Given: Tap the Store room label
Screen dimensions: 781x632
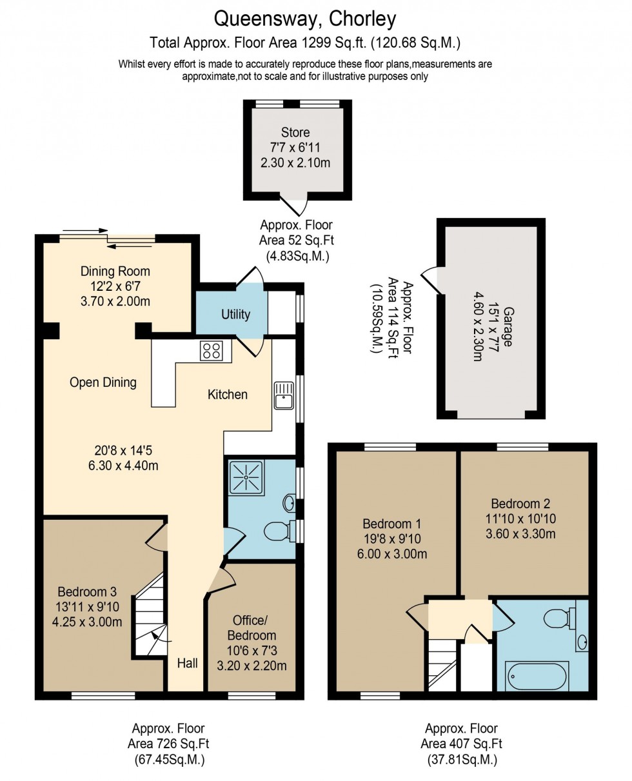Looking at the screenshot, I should coord(295,133).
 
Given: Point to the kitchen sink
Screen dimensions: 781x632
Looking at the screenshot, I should coord(283,395).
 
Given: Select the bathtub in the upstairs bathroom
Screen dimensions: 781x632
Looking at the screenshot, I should coord(537,677).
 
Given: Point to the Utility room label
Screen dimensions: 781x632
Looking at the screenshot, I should coord(235,315).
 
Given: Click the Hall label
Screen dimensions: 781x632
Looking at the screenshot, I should coord(187,662).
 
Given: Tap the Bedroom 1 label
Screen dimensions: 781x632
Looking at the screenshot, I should coord(394,523).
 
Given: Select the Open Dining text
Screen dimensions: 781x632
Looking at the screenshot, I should coord(103,382).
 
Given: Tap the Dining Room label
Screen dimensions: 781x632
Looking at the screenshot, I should coord(115,271).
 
